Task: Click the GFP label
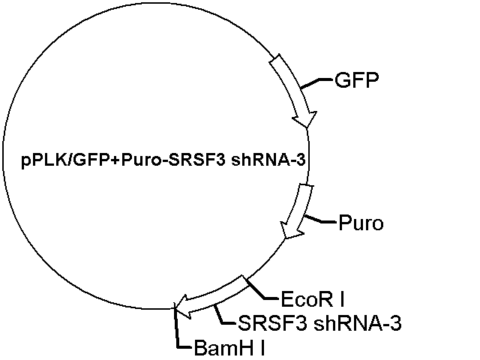357,80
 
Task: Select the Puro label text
361,223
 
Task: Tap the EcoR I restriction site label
313,299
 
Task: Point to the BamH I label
229,348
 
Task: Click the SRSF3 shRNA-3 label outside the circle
319,323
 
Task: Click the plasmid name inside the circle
163,160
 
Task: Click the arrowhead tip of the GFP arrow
307,127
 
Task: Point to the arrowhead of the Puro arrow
285,238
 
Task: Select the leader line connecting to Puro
320,219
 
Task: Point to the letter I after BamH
262,348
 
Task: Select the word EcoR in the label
307,299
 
